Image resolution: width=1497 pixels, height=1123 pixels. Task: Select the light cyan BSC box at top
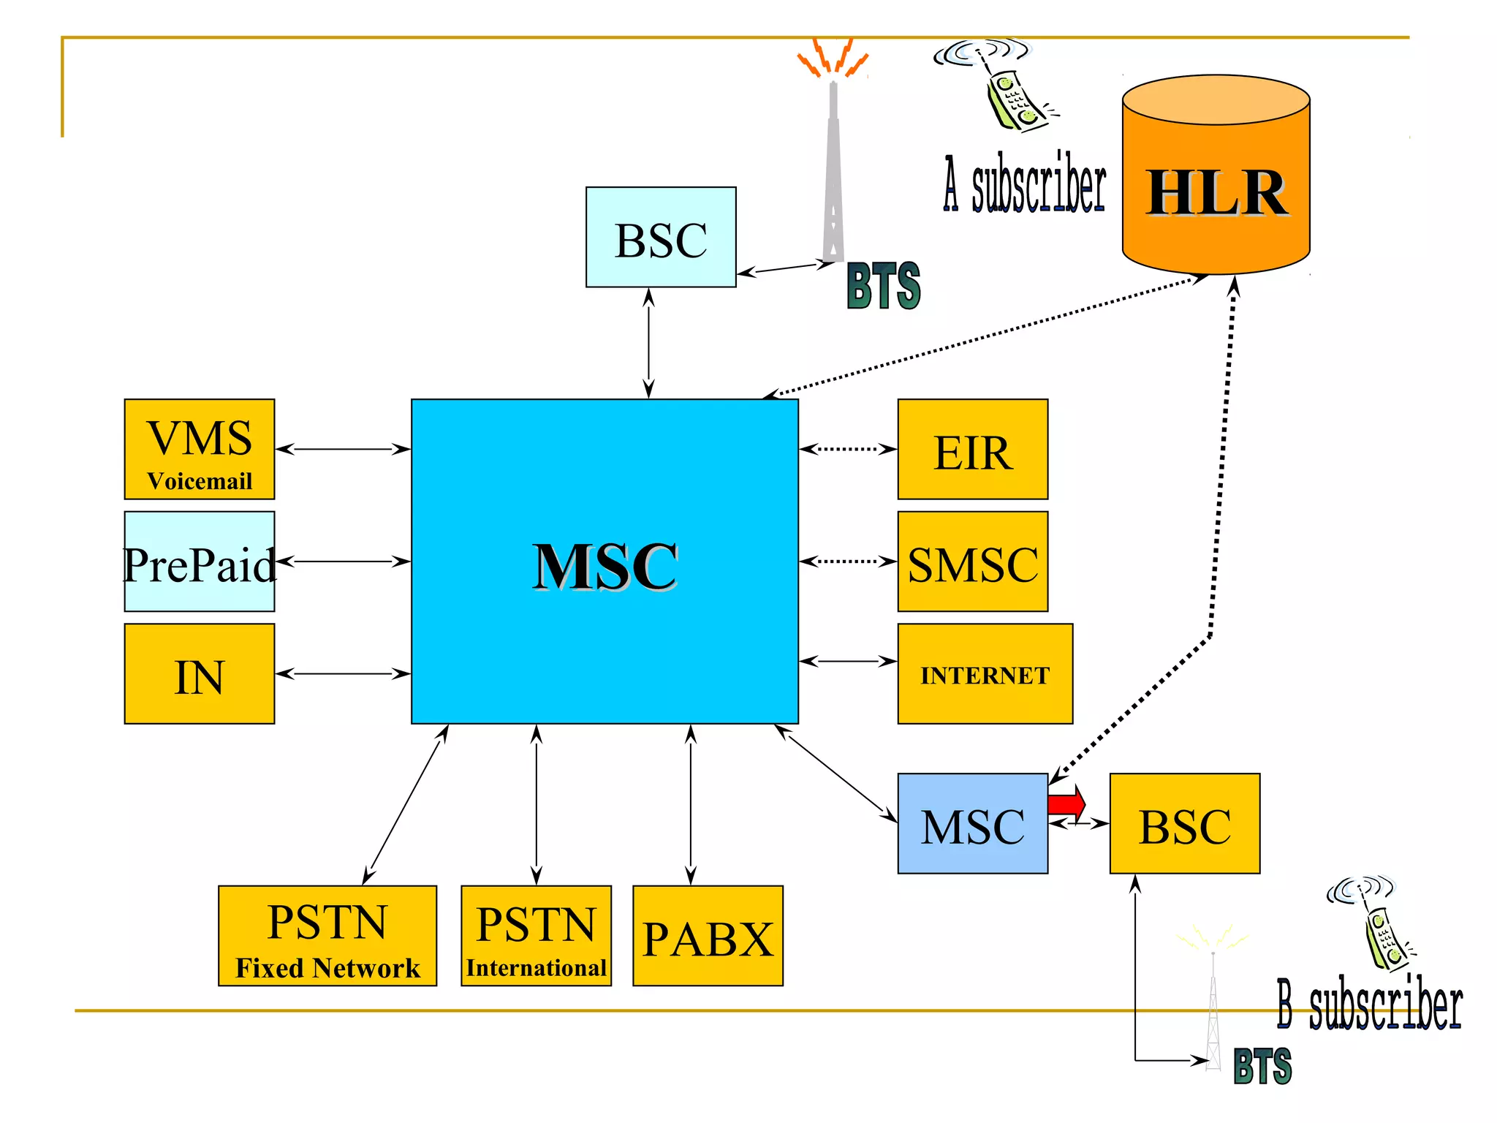point(661,237)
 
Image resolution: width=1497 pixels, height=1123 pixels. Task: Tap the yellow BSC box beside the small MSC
point(1184,824)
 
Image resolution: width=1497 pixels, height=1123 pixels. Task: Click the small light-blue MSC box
point(972,824)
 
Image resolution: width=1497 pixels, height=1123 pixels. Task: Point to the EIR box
point(972,450)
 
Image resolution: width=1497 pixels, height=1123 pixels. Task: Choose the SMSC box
point(972,561)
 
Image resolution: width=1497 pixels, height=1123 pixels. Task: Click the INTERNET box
point(985,674)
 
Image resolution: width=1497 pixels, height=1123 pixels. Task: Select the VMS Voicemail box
point(200,450)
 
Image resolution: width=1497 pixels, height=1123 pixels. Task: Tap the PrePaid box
point(200,561)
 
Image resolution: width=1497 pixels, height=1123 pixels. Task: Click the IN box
point(200,674)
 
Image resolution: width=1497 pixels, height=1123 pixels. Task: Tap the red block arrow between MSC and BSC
point(1066,804)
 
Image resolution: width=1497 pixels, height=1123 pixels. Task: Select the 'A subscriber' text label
point(1025,184)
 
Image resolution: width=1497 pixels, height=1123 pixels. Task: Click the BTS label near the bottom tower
point(1262,1065)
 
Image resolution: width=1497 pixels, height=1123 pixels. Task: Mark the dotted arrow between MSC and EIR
point(848,449)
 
